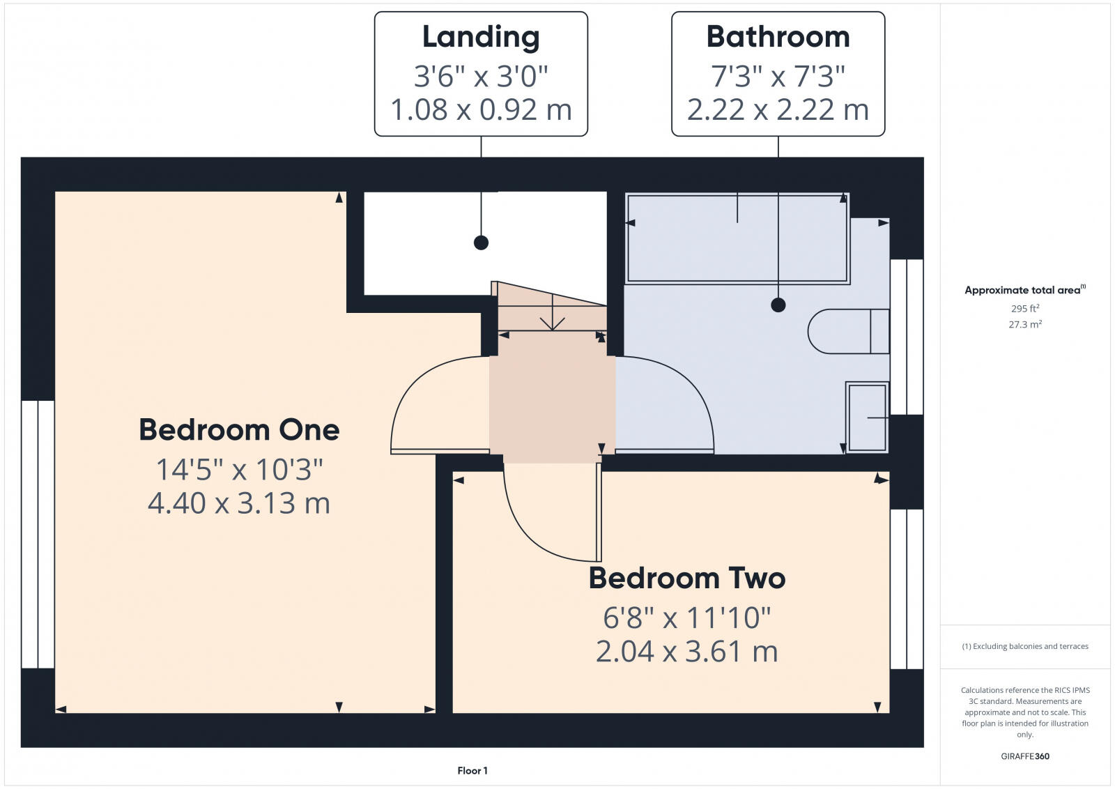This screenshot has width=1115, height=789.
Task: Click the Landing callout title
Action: click(x=481, y=38)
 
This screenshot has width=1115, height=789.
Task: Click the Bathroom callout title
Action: click(x=778, y=38)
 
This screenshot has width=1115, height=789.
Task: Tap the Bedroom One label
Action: click(x=239, y=430)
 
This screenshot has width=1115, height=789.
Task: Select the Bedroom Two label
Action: click(x=686, y=579)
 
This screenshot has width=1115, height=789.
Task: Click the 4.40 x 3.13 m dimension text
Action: click(x=239, y=503)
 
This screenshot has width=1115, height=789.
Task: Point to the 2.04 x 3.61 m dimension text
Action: click(x=686, y=652)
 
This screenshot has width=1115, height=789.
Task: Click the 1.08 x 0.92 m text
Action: click(x=481, y=110)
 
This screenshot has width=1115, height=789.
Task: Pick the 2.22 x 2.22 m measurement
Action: click(x=778, y=110)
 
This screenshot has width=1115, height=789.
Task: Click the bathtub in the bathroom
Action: click(x=737, y=239)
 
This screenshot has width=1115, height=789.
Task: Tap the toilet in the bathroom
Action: click(x=847, y=331)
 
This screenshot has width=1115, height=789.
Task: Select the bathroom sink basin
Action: click(x=867, y=417)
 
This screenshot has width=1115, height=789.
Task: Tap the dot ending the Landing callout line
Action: click(x=481, y=243)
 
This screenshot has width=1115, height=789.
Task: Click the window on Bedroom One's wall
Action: click(x=38, y=534)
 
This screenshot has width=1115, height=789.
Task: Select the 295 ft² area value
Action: click(x=1025, y=308)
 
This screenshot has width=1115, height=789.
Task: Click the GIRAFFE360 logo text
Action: click(x=1025, y=756)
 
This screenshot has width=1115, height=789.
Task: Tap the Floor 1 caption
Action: click(x=472, y=770)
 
